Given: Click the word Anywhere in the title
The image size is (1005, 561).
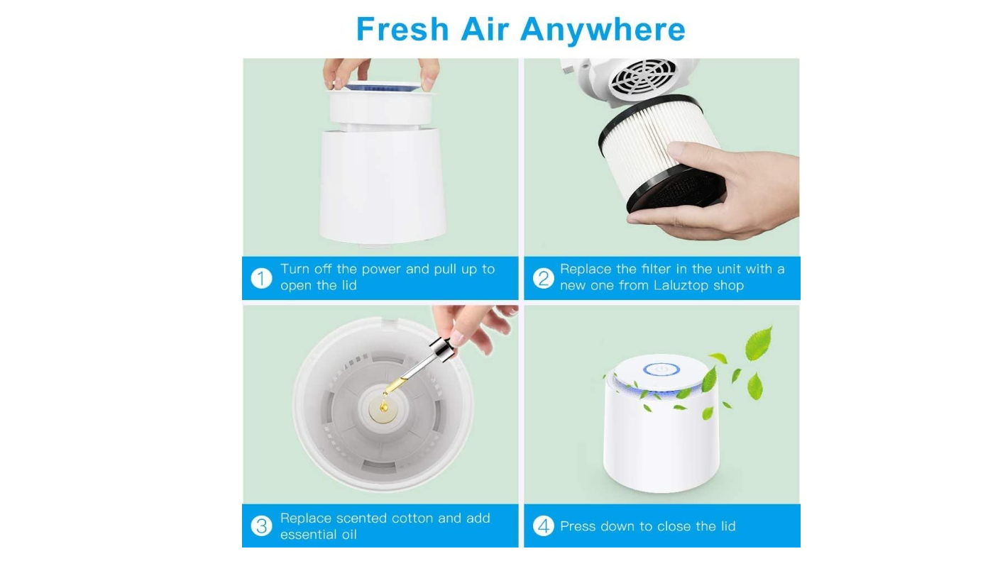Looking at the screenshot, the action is click(x=603, y=30).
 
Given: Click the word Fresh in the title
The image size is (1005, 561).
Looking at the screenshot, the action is click(x=402, y=29).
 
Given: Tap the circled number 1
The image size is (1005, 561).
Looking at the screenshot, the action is click(x=261, y=278).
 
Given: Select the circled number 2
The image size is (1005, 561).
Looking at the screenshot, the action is click(x=544, y=278).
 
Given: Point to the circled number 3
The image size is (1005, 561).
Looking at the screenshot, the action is click(x=261, y=526).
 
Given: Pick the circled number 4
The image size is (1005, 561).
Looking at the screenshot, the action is click(x=544, y=526).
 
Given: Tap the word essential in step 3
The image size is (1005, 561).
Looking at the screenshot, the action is click(x=306, y=535).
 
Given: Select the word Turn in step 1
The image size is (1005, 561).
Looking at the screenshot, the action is click(x=295, y=269).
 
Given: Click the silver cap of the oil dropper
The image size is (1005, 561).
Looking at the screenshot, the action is click(x=441, y=350).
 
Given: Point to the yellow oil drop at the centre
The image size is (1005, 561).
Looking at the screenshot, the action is click(x=383, y=406).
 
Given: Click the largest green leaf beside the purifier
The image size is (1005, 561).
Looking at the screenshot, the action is click(x=759, y=343).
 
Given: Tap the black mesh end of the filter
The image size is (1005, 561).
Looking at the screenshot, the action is click(x=680, y=191).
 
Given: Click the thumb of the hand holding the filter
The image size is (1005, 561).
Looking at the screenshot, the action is click(x=693, y=155).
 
